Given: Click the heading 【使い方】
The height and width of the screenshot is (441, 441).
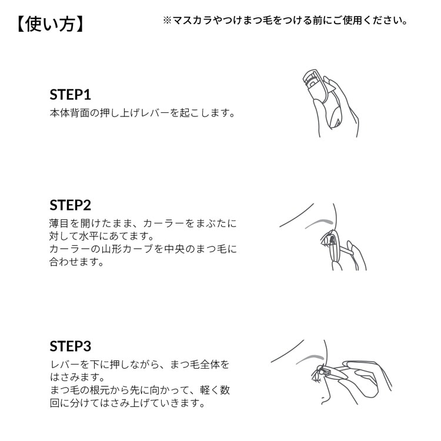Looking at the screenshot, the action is [x=51, y=24].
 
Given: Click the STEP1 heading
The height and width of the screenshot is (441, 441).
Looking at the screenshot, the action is [x=71, y=95].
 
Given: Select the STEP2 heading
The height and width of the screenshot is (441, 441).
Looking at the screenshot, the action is [x=71, y=205].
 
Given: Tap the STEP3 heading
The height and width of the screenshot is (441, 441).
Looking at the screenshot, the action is [x=71, y=346].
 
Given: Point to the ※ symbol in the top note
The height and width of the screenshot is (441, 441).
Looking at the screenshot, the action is [x=167, y=21].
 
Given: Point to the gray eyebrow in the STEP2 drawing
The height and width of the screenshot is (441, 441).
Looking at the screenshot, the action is [x=319, y=222].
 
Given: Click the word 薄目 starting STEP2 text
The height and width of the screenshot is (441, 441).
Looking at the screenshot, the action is [x=59, y=223].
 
